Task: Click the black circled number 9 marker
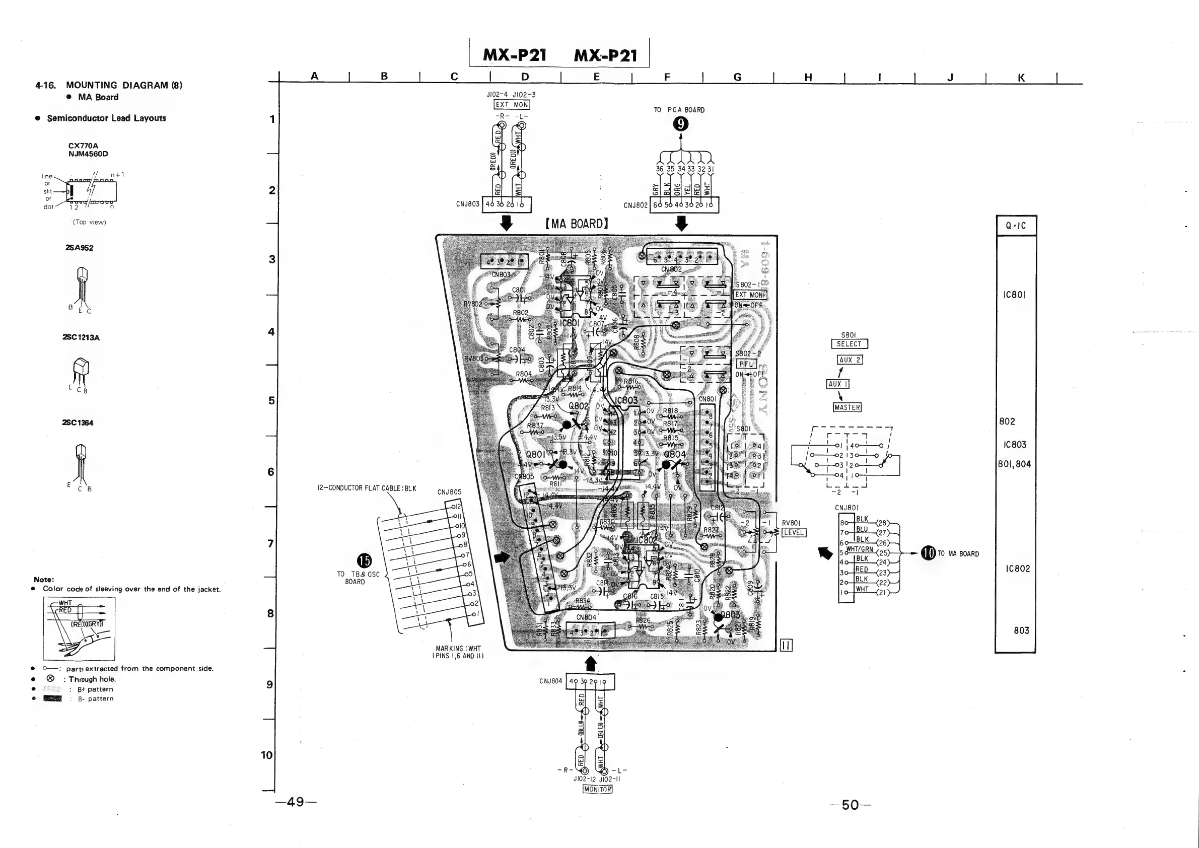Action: click(680, 124)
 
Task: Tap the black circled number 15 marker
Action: click(364, 561)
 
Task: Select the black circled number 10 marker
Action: click(928, 553)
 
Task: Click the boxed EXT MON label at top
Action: click(512, 104)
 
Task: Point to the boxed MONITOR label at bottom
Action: click(597, 789)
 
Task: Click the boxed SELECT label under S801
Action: click(849, 343)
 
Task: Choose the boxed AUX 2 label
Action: click(850, 360)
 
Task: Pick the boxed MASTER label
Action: click(847, 407)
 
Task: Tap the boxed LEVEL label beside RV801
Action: click(793, 533)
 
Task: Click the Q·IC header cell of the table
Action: click(1015, 226)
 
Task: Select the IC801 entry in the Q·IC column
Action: click(1015, 295)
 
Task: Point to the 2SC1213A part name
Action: click(81, 337)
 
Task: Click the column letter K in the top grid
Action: click(1021, 77)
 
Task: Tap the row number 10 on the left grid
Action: click(267, 754)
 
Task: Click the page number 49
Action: click(296, 802)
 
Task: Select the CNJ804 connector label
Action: click(550, 681)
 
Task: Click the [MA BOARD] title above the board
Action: click(577, 224)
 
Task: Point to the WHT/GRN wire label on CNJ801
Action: click(860, 549)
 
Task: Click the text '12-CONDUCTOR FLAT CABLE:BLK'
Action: click(367, 488)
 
